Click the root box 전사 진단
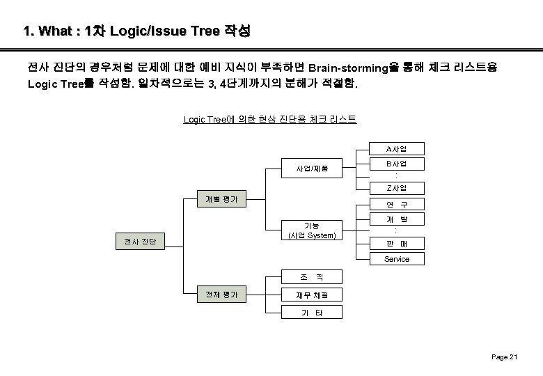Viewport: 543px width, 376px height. coord(140,242)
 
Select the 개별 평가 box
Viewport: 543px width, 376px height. coord(221,198)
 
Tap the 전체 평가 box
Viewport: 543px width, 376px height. coord(221,295)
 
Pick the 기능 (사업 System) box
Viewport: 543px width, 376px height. coord(312,230)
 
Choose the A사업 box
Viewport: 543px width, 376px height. coord(396,148)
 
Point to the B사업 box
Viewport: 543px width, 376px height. coord(396,164)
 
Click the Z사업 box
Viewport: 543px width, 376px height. coord(396,188)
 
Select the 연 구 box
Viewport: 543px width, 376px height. coord(396,204)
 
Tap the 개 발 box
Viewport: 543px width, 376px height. coord(396,219)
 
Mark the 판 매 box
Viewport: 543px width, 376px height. coord(396,244)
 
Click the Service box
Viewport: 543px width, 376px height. coord(396,259)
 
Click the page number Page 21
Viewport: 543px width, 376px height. coord(504,357)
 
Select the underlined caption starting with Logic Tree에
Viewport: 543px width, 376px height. coord(269,120)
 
